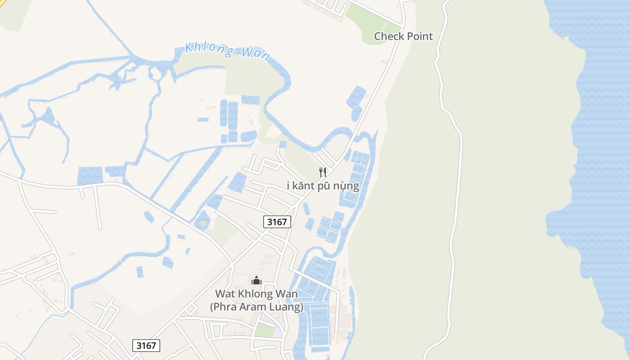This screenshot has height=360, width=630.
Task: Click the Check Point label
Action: (x=403, y=36)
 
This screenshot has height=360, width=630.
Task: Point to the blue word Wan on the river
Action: (x=256, y=54)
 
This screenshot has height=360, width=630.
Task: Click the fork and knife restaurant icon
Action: (x=323, y=172)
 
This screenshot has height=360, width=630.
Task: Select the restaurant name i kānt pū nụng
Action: (x=323, y=185)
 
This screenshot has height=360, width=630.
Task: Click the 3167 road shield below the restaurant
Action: (x=277, y=222)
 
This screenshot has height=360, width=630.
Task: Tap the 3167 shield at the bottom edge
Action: (x=146, y=346)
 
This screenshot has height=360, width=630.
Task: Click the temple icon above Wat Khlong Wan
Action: (x=256, y=281)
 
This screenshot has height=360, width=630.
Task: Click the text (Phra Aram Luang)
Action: (x=256, y=307)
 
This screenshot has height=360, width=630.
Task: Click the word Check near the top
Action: (x=388, y=36)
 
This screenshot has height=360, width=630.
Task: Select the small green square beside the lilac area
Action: (x=264, y=330)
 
